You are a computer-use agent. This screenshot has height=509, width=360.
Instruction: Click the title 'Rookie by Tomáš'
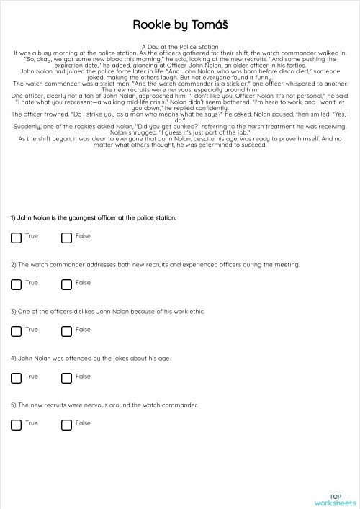180,24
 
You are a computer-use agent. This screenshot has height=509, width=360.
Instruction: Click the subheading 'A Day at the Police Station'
179,47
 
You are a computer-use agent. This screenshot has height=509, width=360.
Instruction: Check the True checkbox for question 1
17,238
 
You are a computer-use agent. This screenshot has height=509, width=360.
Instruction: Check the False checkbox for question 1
67,238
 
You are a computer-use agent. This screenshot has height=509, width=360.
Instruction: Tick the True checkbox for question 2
17,284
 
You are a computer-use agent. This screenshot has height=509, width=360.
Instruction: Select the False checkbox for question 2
67,284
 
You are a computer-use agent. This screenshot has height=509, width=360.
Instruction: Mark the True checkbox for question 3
17,331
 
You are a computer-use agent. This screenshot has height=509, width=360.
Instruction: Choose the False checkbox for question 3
67,331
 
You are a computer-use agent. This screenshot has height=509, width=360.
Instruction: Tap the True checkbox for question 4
17,378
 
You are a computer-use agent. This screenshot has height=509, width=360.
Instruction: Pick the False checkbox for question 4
67,378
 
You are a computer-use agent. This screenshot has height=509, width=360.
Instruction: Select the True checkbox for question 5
17,425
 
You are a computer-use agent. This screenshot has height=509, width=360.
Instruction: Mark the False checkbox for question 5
67,425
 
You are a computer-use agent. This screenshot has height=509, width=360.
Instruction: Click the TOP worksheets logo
335,499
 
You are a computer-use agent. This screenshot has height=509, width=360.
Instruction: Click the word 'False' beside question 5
83,423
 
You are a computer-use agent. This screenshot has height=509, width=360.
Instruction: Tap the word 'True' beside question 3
32,330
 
